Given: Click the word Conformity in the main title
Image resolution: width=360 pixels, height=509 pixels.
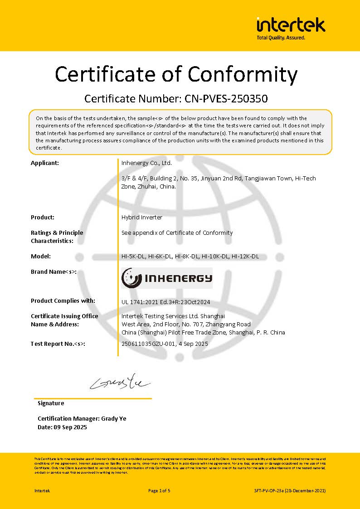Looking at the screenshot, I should (243, 74).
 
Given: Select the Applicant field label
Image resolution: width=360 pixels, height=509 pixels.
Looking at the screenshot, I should (45, 163).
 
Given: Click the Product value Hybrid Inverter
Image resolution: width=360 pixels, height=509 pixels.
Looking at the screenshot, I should (142, 217).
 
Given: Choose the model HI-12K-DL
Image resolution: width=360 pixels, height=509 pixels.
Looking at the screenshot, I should (245, 256).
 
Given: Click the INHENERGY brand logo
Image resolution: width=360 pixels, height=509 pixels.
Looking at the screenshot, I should (167, 278).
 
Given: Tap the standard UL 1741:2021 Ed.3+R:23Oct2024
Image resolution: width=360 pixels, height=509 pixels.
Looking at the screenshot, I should (166, 302).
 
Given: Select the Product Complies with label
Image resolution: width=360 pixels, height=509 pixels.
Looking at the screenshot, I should (63, 301).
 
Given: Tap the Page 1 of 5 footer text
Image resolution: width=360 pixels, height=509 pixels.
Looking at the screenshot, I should (159, 490).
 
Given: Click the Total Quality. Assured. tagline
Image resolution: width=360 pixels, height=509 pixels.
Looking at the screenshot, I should (281, 38).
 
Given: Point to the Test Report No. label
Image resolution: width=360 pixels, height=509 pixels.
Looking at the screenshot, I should (58, 344).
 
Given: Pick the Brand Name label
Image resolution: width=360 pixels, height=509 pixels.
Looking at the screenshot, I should (54, 271).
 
